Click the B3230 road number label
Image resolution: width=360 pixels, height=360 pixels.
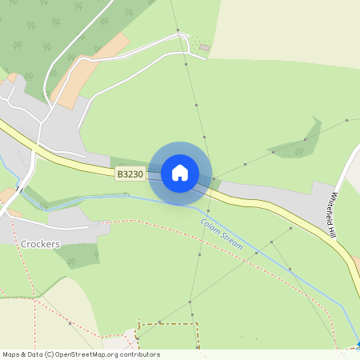tap(130, 174)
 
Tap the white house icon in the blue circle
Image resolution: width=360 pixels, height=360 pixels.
tap(180, 173)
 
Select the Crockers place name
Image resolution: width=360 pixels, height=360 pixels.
tap(42, 243)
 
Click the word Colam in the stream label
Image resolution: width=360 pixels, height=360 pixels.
tap(210, 228)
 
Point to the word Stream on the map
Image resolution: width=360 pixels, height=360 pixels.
tap(231, 242)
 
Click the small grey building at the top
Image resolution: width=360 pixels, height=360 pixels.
tap(204, 48)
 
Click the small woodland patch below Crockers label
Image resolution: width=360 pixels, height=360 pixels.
tap(80, 257)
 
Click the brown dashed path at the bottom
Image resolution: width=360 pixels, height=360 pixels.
tap(168, 325)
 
